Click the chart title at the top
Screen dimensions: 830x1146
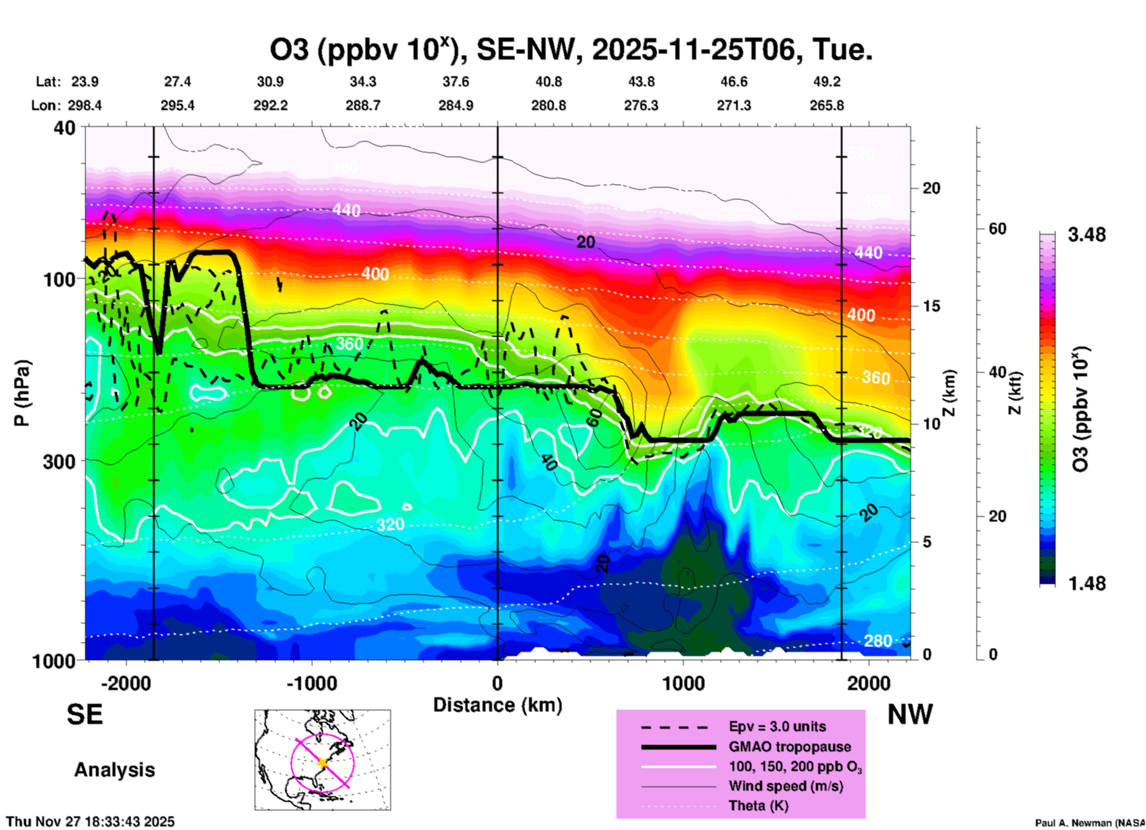pyautogui.click(x=571, y=50)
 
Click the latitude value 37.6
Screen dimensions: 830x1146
pyautogui.click(x=456, y=82)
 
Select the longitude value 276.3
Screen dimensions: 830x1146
pyautogui.click(x=641, y=105)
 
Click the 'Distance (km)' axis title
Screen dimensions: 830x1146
pyautogui.click(x=497, y=705)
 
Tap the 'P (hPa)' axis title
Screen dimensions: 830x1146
pyautogui.click(x=22, y=393)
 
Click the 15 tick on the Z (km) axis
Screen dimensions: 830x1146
pyautogui.click(x=931, y=306)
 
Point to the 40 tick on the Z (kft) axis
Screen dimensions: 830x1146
pyautogui.click(x=998, y=373)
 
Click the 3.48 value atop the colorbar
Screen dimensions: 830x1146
pyautogui.click(x=1086, y=235)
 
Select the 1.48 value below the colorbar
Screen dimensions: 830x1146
pyautogui.click(x=1086, y=584)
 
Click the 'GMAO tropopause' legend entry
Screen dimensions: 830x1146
pyautogui.click(x=790, y=747)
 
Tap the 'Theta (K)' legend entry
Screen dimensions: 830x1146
pyautogui.click(x=758, y=806)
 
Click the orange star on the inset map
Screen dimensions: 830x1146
pyautogui.click(x=323, y=763)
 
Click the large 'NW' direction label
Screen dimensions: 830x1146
pyautogui.click(x=910, y=714)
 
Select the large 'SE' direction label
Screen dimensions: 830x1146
pyautogui.click(x=84, y=714)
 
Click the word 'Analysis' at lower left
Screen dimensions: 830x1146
pyautogui.click(x=114, y=769)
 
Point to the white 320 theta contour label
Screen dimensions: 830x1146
pyautogui.click(x=390, y=525)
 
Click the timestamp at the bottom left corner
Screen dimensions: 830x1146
pyautogui.click(x=90, y=822)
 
